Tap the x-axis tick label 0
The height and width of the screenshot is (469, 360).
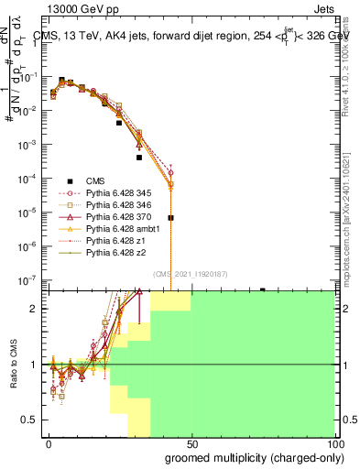[x=49, y=444]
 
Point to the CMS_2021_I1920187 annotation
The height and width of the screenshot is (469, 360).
[x=191, y=274]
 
